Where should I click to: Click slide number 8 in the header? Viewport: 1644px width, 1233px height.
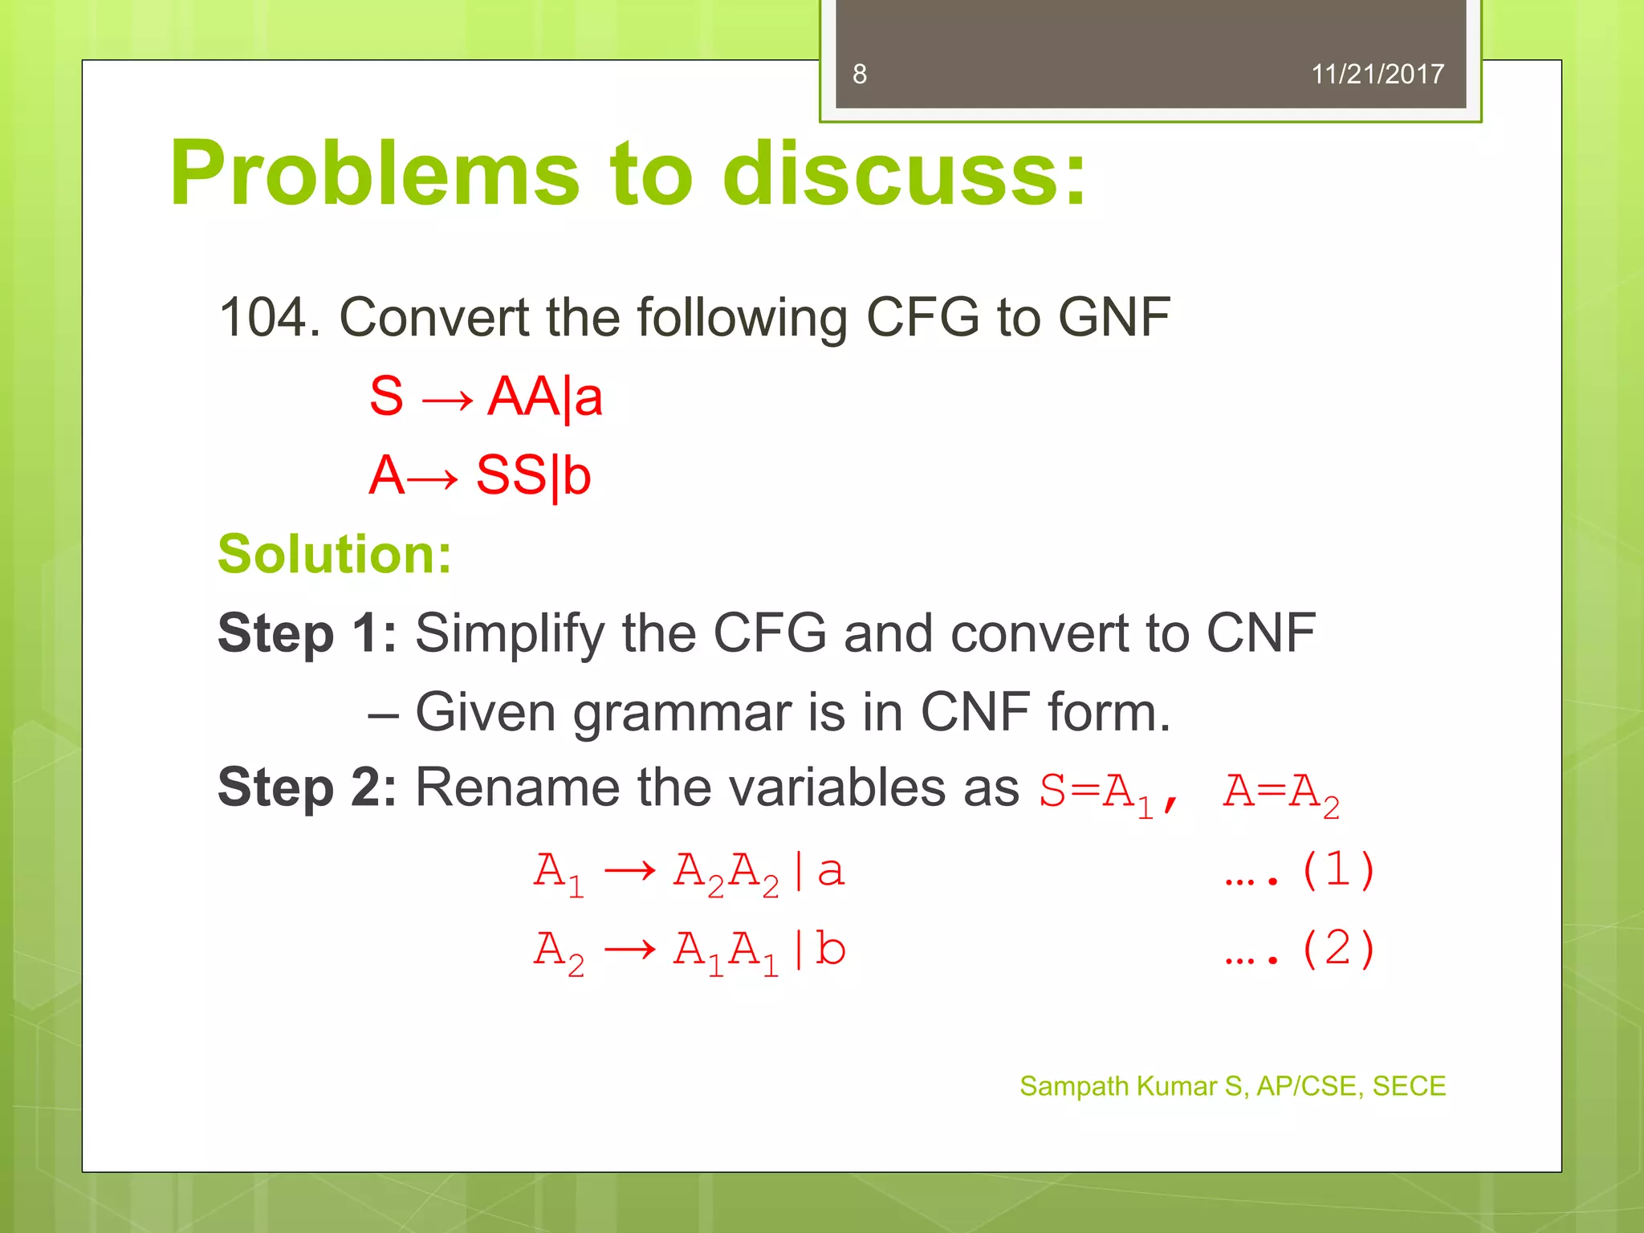point(860,75)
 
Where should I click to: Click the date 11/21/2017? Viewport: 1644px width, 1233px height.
point(1377,75)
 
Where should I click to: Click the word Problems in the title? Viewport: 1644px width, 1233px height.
point(374,174)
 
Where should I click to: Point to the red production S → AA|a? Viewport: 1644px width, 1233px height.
point(486,397)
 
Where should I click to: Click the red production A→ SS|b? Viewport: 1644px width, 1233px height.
point(480,475)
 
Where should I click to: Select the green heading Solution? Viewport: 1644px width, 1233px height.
point(335,554)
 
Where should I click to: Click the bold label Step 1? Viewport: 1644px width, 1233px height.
point(307,633)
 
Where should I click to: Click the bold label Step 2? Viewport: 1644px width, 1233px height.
point(307,787)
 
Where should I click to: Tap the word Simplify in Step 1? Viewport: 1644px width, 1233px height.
point(510,633)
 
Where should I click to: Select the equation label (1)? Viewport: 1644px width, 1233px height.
point(1337,870)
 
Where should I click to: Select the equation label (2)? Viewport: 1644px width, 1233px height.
point(1337,949)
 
